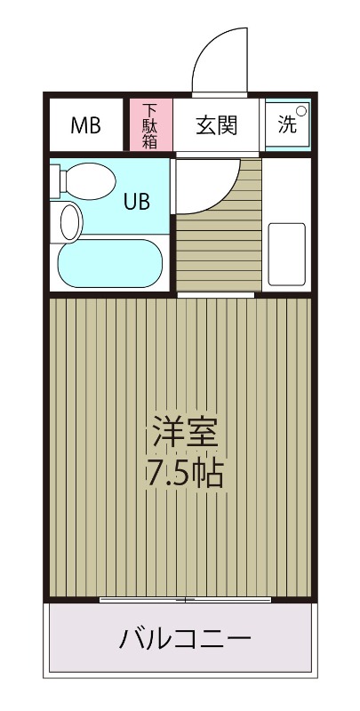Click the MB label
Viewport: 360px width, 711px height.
(85, 124)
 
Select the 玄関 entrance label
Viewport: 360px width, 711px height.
(217, 124)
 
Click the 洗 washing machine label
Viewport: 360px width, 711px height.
(286, 124)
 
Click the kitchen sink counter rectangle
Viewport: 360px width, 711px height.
(287, 253)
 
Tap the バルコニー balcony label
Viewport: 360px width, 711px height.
(186, 638)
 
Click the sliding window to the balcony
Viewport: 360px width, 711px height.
(185, 600)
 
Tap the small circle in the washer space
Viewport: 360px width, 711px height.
(301, 112)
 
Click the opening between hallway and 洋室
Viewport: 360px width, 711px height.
(218, 294)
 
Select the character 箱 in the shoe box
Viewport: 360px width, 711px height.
(150, 140)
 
